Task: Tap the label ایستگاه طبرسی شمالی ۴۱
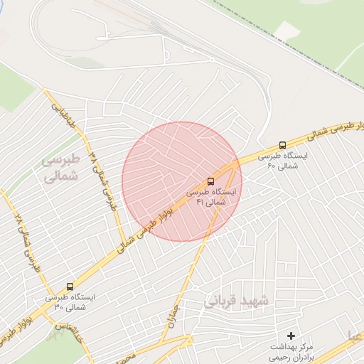[x=214, y=197]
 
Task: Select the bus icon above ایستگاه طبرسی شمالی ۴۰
[x=283, y=144]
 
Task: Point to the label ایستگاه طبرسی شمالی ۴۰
[x=282, y=160]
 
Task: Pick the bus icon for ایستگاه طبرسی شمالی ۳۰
[x=70, y=287]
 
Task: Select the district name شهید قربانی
[x=237, y=301]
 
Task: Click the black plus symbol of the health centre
[x=290, y=335]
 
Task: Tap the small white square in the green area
[x=287, y=31]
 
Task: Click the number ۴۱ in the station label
[x=200, y=203]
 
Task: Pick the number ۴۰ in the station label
[x=271, y=166]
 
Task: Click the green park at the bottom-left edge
[x=50, y=348]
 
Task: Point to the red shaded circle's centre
[x=182, y=181]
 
